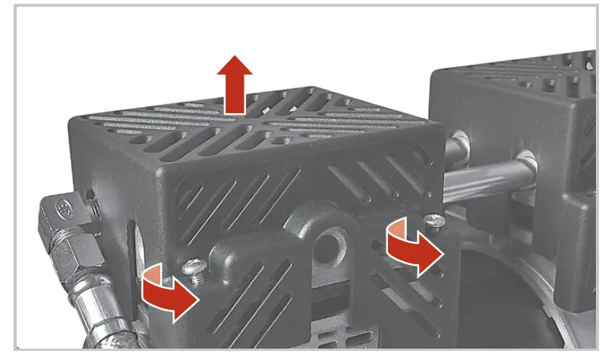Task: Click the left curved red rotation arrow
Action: click(169, 292)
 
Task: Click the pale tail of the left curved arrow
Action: click(152, 275)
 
